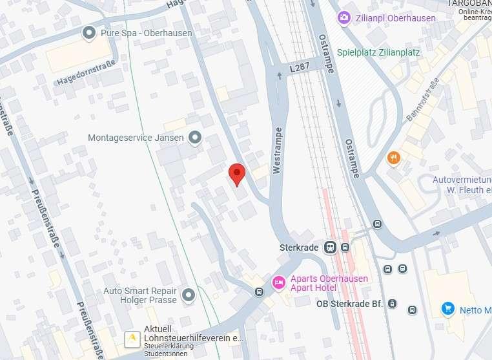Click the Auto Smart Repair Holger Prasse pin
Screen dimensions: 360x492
coord(189,295)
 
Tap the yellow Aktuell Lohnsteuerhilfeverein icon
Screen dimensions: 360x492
coord(132,337)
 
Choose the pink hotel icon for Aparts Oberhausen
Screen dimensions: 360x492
coord(279,282)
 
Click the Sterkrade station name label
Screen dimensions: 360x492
coord(300,248)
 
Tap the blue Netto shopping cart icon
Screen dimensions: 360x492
coord(447,309)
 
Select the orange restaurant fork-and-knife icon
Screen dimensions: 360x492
coord(393,158)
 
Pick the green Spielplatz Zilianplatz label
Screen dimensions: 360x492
coord(378,53)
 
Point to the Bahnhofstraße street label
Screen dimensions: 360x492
coord(424,100)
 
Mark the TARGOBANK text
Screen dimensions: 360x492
coord(470,4)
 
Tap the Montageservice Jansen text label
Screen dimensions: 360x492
coord(136,138)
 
